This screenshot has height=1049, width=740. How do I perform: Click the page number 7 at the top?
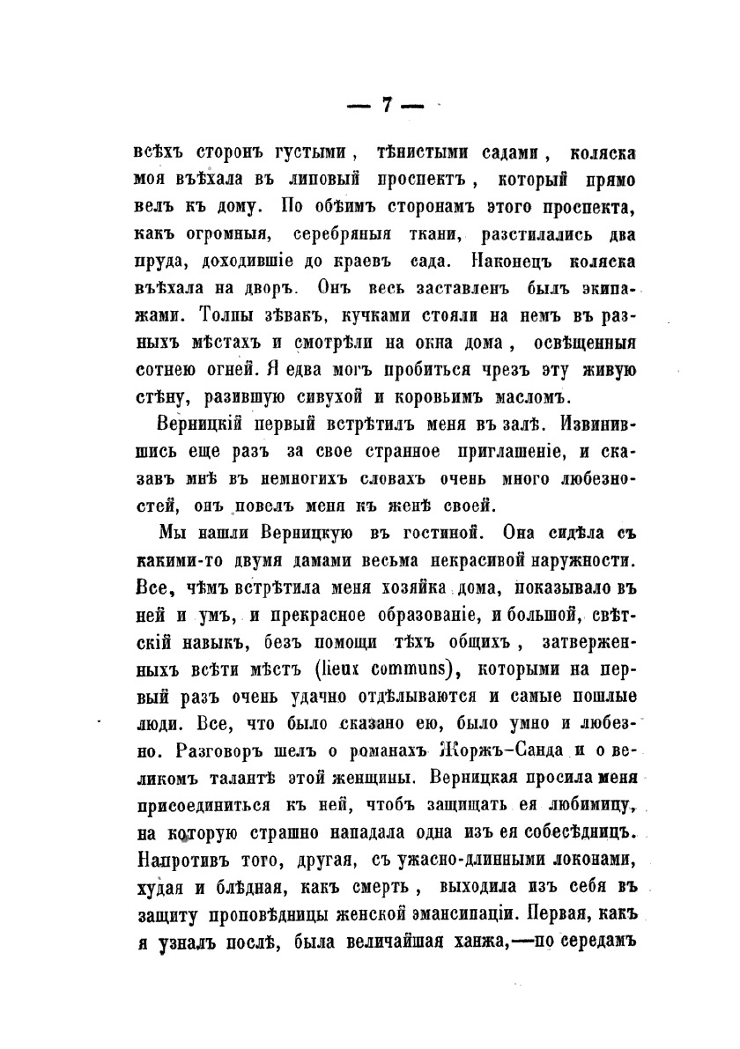(385, 105)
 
